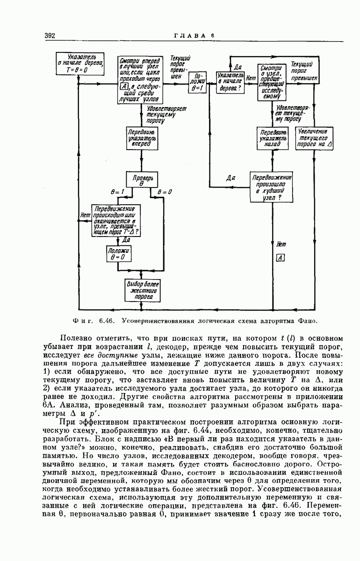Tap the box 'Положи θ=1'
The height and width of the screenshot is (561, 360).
(197, 82)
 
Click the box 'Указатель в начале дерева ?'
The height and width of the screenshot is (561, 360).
(230, 82)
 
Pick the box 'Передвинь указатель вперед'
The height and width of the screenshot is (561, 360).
(141, 138)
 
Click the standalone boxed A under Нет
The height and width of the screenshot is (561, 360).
(281, 258)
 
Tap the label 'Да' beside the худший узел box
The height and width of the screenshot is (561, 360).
(230, 178)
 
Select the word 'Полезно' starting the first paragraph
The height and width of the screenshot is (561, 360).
(77, 338)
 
